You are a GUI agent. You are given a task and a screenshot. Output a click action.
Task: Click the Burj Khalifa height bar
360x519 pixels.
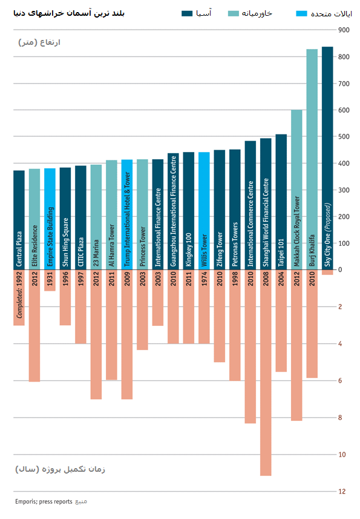click(x=312, y=159)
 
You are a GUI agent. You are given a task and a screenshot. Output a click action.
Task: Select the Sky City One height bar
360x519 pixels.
click(x=327, y=158)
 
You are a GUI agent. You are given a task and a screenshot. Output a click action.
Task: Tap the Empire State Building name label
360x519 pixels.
click(x=50, y=237)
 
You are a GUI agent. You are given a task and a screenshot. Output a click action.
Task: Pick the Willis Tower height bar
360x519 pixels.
click(x=204, y=211)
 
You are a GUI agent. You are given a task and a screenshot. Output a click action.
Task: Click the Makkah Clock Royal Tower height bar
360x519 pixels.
click(x=296, y=190)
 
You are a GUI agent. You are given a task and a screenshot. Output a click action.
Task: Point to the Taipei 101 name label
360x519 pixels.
click(x=281, y=253)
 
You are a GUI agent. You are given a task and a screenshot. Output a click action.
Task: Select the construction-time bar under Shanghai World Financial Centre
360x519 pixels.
click(x=266, y=372)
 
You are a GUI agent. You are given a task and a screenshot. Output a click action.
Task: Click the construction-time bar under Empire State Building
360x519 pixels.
click(x=50, y=280)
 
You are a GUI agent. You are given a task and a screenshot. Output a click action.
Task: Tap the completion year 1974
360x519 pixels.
click(x=204, y=279)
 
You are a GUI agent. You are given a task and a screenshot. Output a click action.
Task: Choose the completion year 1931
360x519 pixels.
click(x=50, y=279)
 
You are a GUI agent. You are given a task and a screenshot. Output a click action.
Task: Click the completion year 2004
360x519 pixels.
click(x=281, y=279)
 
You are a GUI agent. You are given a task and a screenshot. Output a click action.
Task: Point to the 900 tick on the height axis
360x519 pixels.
click(x=344, y=30)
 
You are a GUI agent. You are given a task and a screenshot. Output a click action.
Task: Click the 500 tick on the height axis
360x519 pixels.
click(x=344, y=137)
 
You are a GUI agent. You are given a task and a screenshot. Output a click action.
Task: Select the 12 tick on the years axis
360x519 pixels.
click(x=342, y=492)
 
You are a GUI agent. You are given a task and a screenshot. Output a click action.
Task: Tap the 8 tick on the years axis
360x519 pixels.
click(x=340, y=418)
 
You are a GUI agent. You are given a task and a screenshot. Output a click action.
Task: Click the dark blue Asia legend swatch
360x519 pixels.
click(x=187, y=13)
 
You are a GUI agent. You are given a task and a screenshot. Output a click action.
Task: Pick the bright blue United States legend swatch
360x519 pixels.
click(x=301, y=13)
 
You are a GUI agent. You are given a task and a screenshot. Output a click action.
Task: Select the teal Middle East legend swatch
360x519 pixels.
click(x=234, y=13)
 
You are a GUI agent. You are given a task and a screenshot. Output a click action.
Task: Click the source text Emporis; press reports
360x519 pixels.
click(x=44, y=502)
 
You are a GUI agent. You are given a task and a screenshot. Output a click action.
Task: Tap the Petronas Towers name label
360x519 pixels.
click(x=235, y=244)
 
